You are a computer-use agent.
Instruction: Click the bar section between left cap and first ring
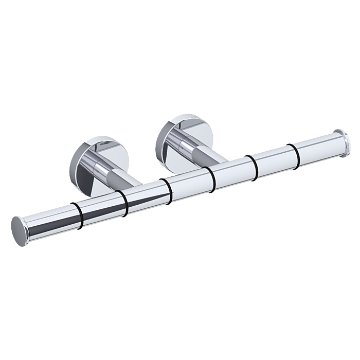point(51,218)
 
